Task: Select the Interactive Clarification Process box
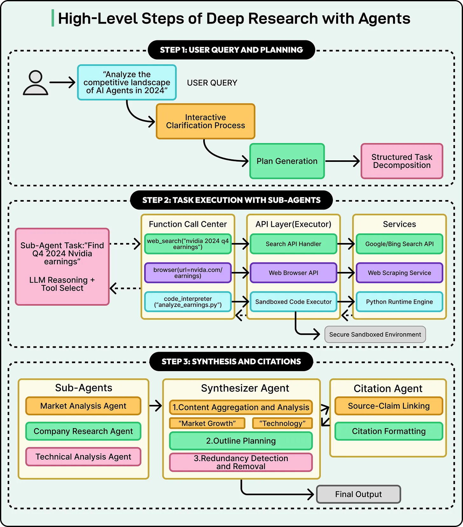tap(205, 121)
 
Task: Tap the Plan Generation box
tap(287, 161)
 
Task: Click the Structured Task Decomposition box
tap(402, 161)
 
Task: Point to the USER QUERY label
tap(212, 83)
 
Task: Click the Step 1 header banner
tap(231, 50)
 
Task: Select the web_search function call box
tap(188, 244)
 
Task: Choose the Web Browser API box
tap(293, 273)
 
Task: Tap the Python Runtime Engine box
tap(399, 302)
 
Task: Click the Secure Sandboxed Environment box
tap(375, 335)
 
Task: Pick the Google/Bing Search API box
tap(399, 244)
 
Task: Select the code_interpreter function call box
tap(188, 302)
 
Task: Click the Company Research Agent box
tap(83, 431)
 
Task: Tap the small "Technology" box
tap(282, 423)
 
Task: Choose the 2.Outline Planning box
tap(241, 441)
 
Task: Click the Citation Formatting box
tap(389, 431)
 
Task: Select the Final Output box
tap(358, 494)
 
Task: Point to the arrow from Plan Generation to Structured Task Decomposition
tap(342, 161)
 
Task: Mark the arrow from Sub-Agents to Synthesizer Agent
tap(155, 406)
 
